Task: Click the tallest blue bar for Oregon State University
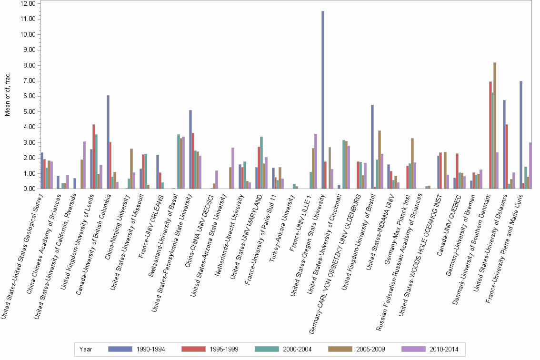tap(323, 100)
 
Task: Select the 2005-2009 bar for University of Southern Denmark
tap(495, 126)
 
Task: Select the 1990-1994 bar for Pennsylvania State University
tap(190, 150)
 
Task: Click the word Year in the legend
tap(86, 349)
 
